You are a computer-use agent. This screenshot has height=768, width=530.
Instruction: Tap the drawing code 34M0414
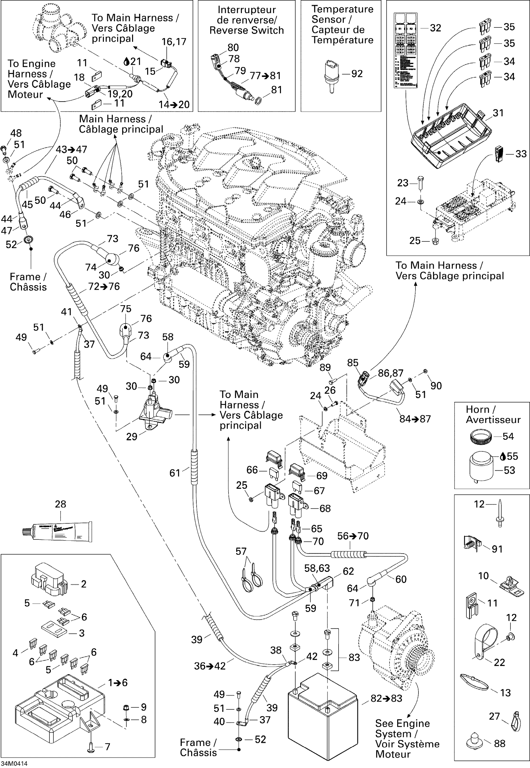click(x=14, y=763)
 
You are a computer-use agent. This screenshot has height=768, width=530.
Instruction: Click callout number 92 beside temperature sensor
click(x=357, y=74)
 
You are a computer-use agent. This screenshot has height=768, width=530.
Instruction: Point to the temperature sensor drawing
click(x=331, y=75)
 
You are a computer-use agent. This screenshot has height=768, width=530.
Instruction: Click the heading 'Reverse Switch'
click(x=246, y=30)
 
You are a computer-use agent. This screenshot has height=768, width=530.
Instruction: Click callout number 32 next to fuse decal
click(x=435, y=28)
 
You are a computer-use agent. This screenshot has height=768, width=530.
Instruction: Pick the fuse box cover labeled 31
click(x=452, y=136)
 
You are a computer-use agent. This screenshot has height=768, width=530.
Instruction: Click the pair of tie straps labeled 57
click(x=251, y=579)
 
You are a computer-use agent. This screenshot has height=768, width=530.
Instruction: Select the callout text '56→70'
click(x=353, y=536)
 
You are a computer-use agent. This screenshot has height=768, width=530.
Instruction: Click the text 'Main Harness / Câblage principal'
click(x=121, y=124)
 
